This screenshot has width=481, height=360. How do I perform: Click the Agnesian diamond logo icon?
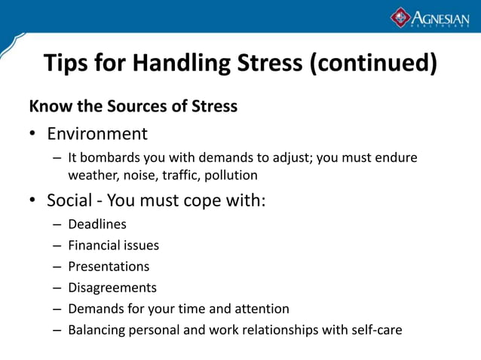[x=400, y=17]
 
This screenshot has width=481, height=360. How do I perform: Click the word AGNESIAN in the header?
[x=440, y=17]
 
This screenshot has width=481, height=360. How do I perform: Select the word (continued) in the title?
[x=373, y=63]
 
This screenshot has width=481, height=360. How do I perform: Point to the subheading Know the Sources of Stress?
[x=133, y=106]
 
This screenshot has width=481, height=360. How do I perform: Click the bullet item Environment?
[x=97, y=134]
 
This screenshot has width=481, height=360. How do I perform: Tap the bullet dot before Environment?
[x=33, y=135]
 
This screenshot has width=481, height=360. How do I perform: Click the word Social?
[x=70, y=201]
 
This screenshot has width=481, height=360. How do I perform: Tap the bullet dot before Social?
[x=33, y=202]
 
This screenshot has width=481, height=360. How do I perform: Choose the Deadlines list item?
[x=97, y=224]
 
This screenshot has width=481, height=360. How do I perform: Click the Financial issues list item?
[x=113, y=246]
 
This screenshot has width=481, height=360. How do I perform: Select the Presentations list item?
[x=109, y=267]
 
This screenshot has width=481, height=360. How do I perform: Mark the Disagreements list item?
[x=112, y=288]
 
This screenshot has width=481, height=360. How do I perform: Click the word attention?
[x=261, y=309]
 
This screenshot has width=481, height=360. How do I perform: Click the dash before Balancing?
[x=58, y=330]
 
